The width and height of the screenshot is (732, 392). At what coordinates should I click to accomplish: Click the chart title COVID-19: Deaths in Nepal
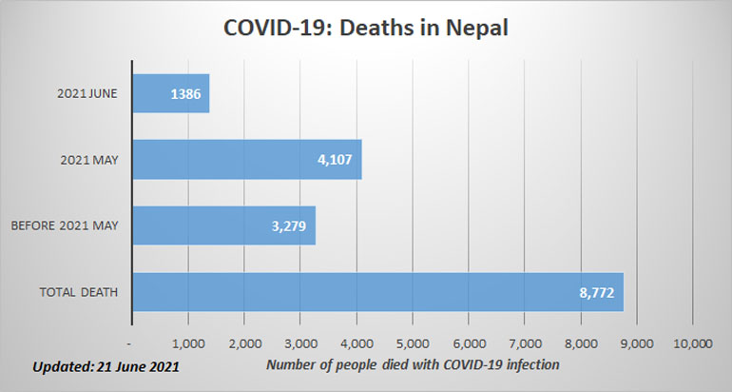[x=366, y=29]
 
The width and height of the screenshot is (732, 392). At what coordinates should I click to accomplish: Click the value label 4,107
[x=335, y=160]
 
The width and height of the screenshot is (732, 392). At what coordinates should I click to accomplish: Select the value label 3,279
[x=288, y=225]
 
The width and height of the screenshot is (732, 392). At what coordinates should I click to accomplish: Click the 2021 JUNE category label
[x=85, y=94]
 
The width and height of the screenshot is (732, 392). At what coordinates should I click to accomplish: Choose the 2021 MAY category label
[x=88, y=160]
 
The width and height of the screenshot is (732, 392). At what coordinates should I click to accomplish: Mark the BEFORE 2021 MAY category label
[x=65, y=225]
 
